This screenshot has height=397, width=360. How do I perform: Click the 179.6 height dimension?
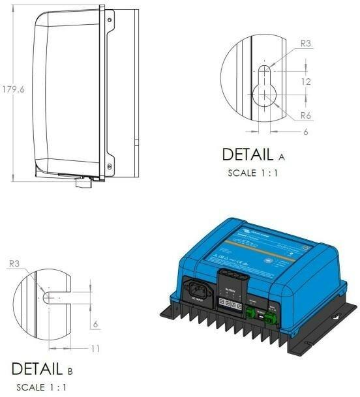[x=14, y=89]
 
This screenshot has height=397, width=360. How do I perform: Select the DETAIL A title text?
[x=254, y=155]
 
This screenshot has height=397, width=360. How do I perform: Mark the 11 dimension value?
[x=95, y=349]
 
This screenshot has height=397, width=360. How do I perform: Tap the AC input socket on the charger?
[x=199, y=291]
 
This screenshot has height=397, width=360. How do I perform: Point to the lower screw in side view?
[x=109, y=166]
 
